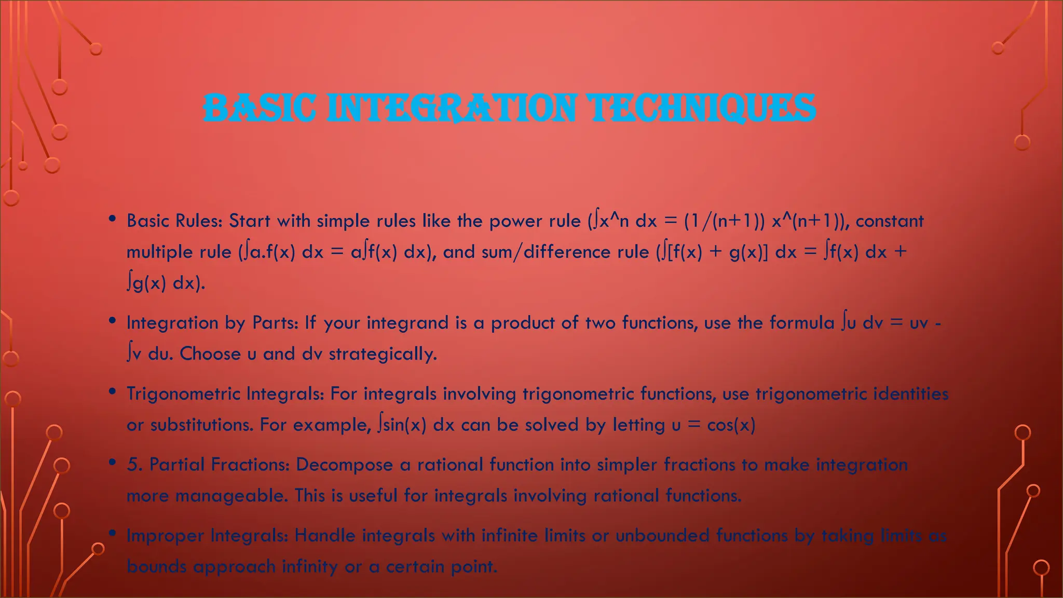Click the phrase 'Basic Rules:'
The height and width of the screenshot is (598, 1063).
click(174, 221)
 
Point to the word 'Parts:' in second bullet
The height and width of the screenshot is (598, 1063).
click(275, 323)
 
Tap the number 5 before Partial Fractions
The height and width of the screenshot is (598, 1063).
click(134, 465)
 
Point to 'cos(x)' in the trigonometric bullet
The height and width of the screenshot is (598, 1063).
click(731, 425)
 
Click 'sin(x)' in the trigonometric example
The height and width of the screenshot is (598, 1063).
click(402, 425)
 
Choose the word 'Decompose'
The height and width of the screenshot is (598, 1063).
click(344, 465)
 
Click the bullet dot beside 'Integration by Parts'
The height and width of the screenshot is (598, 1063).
click(112, 321)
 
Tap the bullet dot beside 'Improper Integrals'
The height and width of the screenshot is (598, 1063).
click(112, 533)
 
